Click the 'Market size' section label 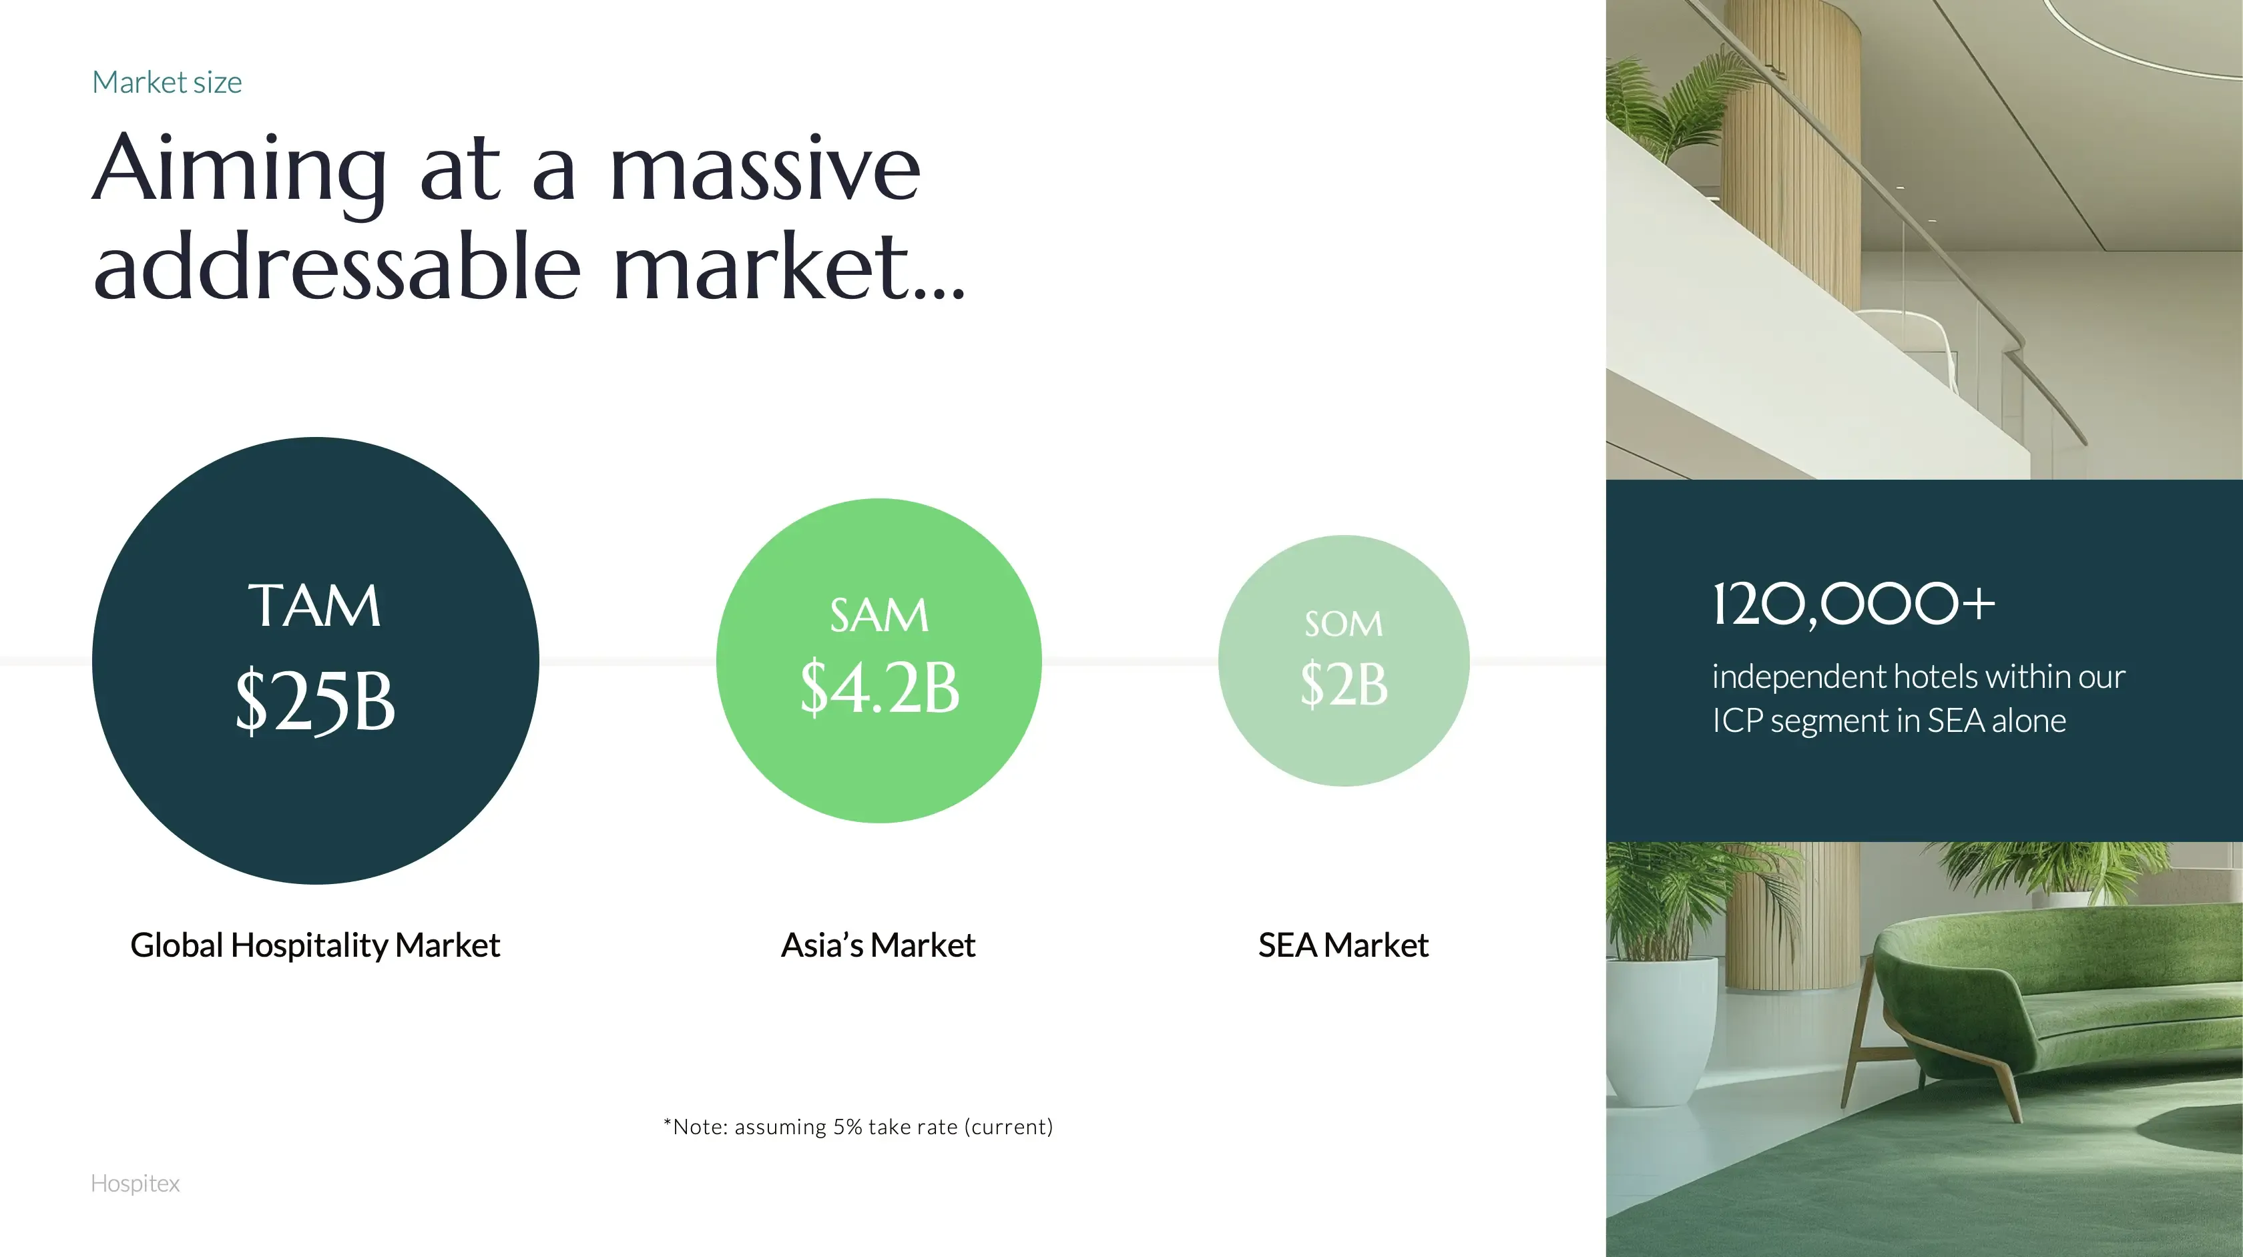[x=167, y=82]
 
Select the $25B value [x=315, y=701]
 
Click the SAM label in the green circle [x=879, y=615]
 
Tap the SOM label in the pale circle [x=1344, y=623]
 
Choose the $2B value [x=1344, y=685]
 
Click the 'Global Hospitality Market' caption [x=315, y=945]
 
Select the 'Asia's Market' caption [x=879, y=945]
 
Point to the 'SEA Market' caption [x=1344, y=945]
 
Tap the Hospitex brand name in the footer [x=136, y=1184]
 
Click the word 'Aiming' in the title [x=240, y=171]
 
